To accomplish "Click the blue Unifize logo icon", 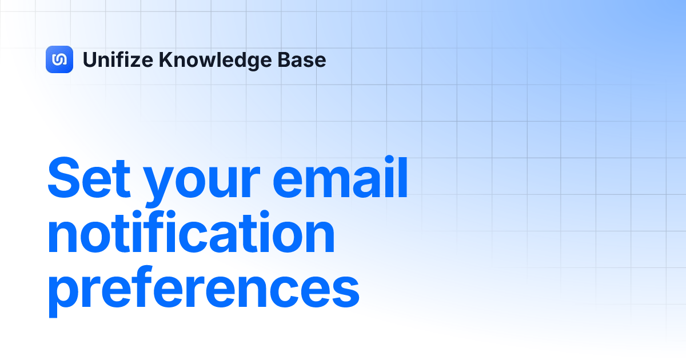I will point(59,59).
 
